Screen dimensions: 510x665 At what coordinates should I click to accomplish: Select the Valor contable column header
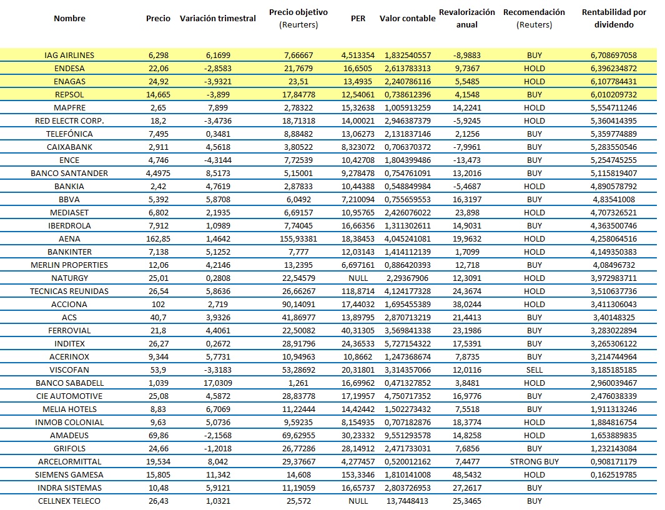[407, 18]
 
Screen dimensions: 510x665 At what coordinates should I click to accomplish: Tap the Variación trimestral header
[217, 18]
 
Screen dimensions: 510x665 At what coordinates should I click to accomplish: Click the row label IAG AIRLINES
[69, 55]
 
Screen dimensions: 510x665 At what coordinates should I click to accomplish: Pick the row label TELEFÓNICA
[69, 134]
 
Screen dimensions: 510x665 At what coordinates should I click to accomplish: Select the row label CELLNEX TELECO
[69, 501]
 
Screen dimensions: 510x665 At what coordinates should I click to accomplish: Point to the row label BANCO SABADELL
[69, 383]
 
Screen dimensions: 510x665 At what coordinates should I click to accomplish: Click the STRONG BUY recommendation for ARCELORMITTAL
[534, 461]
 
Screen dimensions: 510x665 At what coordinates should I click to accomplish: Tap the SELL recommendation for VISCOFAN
[534, 370]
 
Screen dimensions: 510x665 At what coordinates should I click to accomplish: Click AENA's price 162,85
[158, 238]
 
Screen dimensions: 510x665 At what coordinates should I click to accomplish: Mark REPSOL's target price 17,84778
[298, 94]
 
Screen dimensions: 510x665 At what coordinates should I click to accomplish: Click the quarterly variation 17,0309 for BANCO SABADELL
[217, 383]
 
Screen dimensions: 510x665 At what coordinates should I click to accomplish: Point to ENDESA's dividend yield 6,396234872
[614, 68]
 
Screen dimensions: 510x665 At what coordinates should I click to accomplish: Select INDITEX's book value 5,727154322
[407, 343]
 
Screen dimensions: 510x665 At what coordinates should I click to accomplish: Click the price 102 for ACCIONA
[158, 304]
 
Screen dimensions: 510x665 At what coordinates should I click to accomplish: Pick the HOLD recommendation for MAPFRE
[534, 107]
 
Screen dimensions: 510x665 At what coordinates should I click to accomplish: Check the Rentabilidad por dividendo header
[614, 18]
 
